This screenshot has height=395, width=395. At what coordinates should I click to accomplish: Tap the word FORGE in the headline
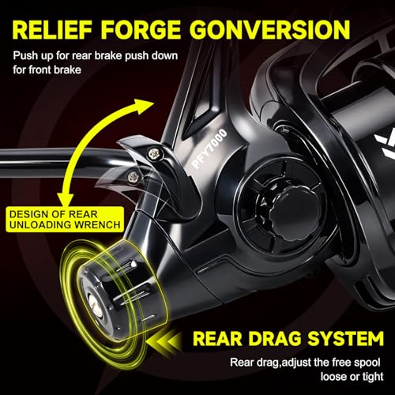(141, 30)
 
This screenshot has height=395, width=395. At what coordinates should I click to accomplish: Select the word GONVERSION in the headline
(271, 30)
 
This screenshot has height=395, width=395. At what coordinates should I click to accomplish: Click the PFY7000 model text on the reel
(209, 149)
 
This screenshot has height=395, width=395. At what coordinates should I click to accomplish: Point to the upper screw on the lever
(153, 153)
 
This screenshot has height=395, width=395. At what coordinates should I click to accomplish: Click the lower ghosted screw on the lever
(133, 177)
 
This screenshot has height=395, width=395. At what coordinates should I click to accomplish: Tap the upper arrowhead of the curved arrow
(143, 106)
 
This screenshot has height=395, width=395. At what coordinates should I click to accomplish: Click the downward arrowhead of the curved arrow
(66, 200)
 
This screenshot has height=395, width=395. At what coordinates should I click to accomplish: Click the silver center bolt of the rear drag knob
(96, 306)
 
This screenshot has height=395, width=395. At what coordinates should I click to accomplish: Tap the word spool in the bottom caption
(367, 363)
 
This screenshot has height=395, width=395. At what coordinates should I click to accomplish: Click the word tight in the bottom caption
(373, 377)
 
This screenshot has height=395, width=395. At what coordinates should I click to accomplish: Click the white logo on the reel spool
(385, 145)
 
